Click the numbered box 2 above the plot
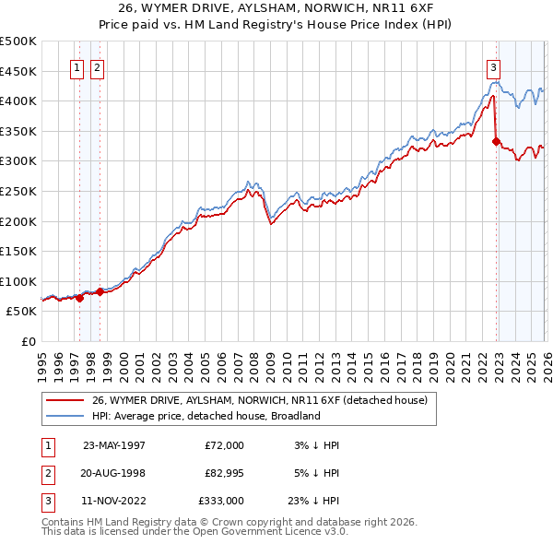(x=97, y=66)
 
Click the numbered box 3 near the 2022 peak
(x=494, y=66)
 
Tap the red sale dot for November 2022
(x=496, y=141)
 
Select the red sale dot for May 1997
(x=79, y=298)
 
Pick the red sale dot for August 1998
(x=100, y=291)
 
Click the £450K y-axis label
(x=18, y=71)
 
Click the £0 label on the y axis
(x=28, y=341)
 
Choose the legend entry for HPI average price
(x=205, y=416)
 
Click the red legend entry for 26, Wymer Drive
(x=259, y=401)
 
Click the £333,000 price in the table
(x=221, y=502)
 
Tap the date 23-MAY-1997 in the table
(x=113, y=444)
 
